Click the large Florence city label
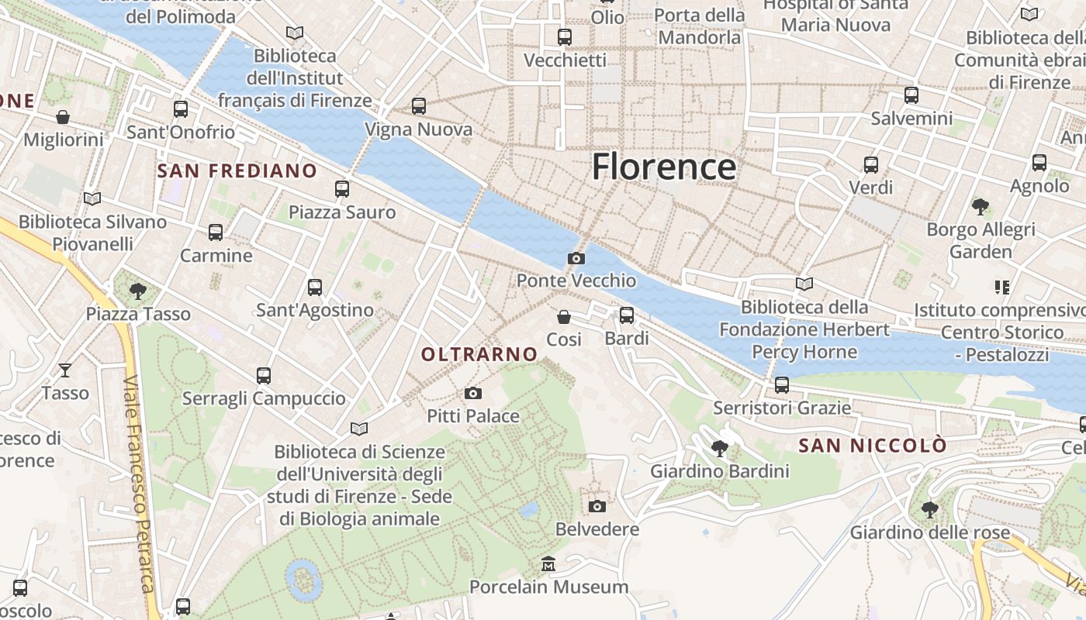(x=663, y=167)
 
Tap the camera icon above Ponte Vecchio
(x=576, y=258)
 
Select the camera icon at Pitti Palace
(x=473, y=394)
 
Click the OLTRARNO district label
(x=479, y=354)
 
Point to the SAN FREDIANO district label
(x=237, y=170)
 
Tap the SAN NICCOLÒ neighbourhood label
(x=873, y=446)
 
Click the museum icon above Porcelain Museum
(x=548, y=563)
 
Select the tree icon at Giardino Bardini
(x=720, y=448)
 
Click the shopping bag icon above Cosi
(x=564, y=317)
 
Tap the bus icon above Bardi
(x=627, y=315)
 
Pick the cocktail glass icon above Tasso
(x=65, y=370)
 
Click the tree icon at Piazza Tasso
(x=138, y=291)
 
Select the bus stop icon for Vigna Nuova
(x=419, y=105)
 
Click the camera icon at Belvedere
(x=597, y=506)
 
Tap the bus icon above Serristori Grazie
(x=782, y=384)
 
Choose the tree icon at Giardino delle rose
(x=929, y=510)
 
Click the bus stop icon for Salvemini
(x=911, y=95)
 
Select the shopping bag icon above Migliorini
(x=63, y=117)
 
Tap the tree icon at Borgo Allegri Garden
(x=981, y=206)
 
